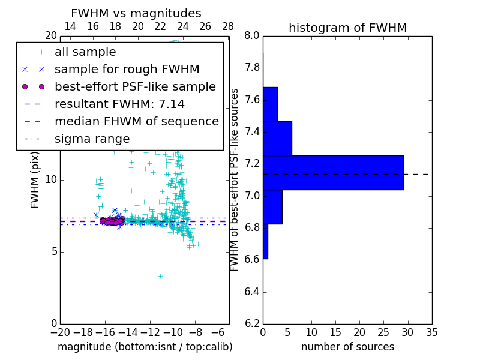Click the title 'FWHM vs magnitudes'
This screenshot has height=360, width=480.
(136, 13)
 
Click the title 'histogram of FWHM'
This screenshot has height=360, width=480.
(347, 28)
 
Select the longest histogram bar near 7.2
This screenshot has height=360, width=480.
(333, 173)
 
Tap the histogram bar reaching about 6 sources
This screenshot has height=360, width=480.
(277, 139)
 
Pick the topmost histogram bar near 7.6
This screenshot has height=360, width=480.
(270, 104)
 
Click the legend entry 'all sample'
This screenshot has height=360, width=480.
(85, 52)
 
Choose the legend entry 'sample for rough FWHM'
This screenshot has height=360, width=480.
(127, 70)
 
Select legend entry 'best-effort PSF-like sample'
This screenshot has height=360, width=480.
(135, 87)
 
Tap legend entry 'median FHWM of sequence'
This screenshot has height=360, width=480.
(136, 122)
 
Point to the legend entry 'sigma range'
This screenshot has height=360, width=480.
(92, 139)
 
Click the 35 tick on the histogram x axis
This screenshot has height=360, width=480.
(431, 332)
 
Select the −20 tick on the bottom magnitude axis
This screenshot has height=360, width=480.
(60, 332)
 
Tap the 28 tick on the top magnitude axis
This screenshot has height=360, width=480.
(228, 26)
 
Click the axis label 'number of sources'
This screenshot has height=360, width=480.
(347, 347)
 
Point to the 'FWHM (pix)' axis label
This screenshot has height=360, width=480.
(35, 181)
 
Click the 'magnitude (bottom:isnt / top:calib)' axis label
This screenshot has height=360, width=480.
(145, 347)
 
